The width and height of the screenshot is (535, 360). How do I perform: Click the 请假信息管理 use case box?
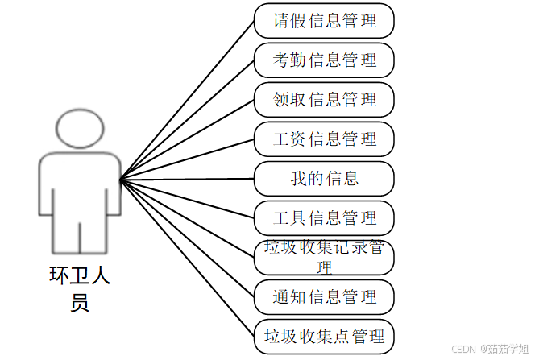pyautogui.click(x=324, y=21)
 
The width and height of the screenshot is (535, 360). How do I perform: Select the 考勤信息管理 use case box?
pyautogui.click(x=324, y=60)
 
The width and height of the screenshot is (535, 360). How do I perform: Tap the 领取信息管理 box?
pyautogui.click(x=324, y=100)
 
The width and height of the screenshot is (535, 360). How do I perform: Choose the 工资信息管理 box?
pyautogui.click(x=324, y=139)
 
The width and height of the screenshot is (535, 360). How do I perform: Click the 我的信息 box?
pyautogui.click(x=324, y=179)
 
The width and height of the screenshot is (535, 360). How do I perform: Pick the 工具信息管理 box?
pyautogui.click(x=324, y=218)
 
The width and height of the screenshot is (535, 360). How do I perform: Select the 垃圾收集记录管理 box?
pyautogui.click(x=324, y=257)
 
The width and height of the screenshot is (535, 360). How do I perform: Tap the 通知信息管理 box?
pyautogui.click(x=324, y=297)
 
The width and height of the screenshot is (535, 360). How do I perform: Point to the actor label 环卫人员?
pyautogui.click(x=80, y=289)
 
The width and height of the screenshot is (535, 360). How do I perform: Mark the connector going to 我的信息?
pyautogui.click(x=187, y=179)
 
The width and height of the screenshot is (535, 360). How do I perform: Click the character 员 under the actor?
pyautogui.click(x=80, y=303)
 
